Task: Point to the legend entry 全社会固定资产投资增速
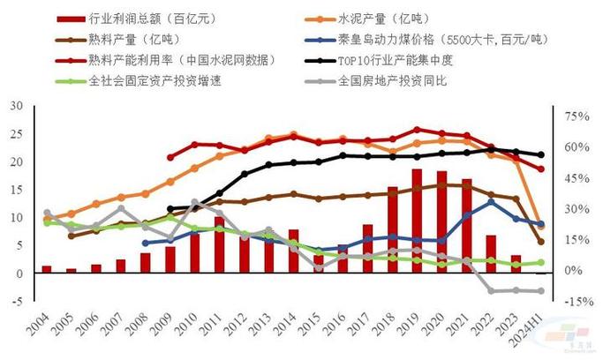[151, 82]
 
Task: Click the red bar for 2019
[418, 221]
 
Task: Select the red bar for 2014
[294, 251]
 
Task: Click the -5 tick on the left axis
[16, 302]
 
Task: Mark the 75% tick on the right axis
[576, 116]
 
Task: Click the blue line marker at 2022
[492, 202]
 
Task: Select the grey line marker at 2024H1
[541, 291]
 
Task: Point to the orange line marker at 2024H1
[541, 227]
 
